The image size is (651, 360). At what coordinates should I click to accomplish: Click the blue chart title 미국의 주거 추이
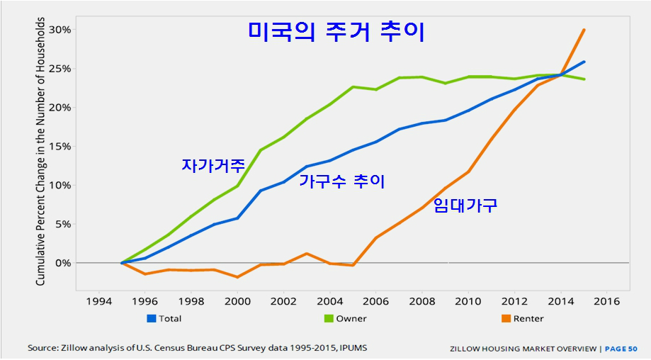pyautogui.click(x=336, y=31)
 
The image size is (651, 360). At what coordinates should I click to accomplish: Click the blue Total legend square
pyautogui.click(x=151, y=318)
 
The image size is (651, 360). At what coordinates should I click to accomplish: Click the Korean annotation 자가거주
pyautogui.click(x=213, y=166)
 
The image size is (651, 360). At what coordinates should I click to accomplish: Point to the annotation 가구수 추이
pyautogui.click(x=341, y=181)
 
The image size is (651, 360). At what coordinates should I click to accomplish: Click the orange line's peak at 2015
pyautogui.click(x=584, y=30)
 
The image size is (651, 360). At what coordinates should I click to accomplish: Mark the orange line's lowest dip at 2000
pyautogui.click(x=237, y=277)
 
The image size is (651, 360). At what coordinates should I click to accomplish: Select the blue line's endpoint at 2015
pyautogui.click(x=584, y=62)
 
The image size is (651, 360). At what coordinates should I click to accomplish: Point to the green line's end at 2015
pyautogui.click(x=584, y=79)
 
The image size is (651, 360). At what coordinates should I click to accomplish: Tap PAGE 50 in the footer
pyautogui.click(x=622, y=349)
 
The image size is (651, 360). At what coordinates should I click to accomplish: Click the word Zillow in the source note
pyautogui.click(x=76, y=348)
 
